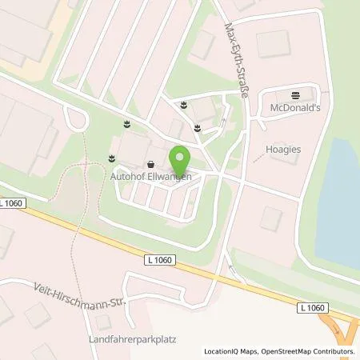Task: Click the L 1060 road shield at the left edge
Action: click(x=13, y=204)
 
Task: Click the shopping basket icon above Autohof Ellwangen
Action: click(x=150, y=165)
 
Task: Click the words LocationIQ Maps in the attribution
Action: click(x=228, y=351)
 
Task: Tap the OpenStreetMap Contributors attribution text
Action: click(x=307, y=351)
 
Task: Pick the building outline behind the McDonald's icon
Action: click(x=272, y=45)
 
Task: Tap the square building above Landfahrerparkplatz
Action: click(x=102, y=321)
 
